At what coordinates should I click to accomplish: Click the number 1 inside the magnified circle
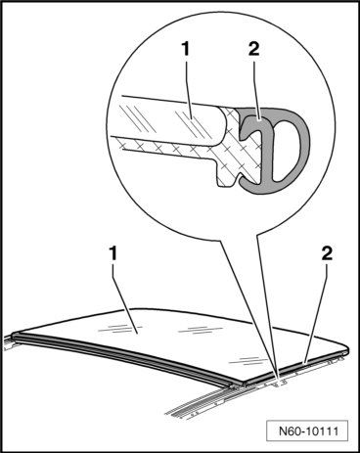click(186, 50)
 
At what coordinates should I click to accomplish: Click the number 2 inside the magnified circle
click(253, 50)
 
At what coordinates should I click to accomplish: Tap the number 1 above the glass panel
click(112, 253)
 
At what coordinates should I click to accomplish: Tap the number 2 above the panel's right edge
click(327, 253)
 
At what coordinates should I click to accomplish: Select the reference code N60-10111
click(309, 431)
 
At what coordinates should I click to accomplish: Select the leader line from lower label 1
click(124, 297)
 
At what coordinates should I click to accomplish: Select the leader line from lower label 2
click(316, 312)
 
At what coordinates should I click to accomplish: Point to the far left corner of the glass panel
click(14, 335)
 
